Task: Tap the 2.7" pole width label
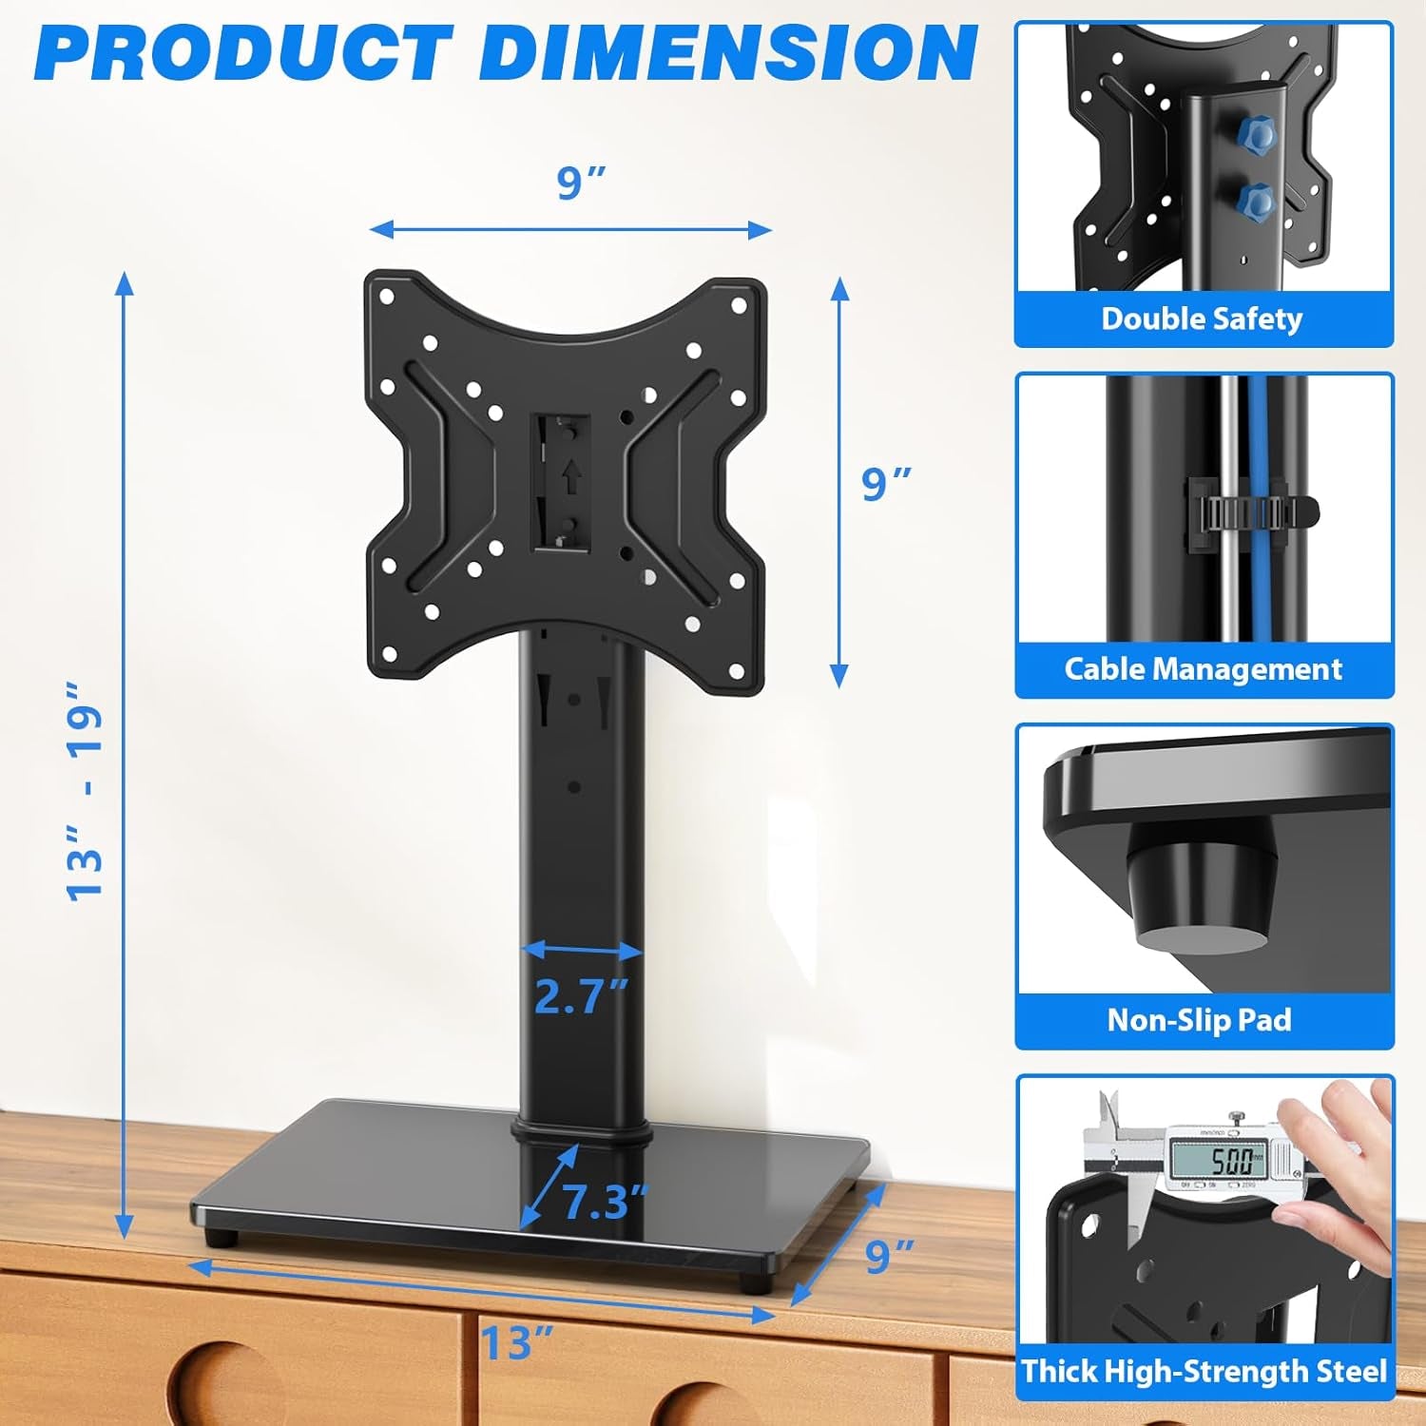580,996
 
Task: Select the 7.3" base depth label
605,1202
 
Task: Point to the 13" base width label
516,1343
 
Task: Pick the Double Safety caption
1202,318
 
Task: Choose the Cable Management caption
1203,669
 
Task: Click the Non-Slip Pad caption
1200,1020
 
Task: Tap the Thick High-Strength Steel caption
1204,1371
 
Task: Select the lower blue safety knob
1256,201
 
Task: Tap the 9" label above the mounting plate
581,183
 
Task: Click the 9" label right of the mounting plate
886,484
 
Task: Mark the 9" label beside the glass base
890,1256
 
